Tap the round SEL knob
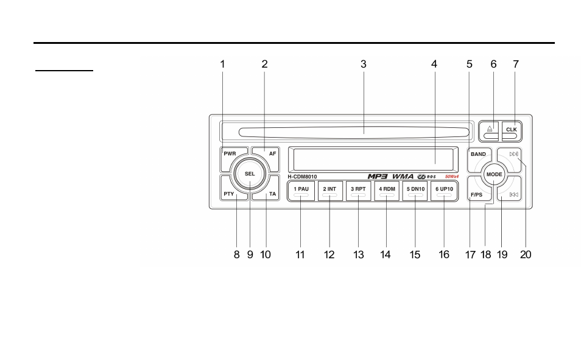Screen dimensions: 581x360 pyautogui.click(x=250, y=174)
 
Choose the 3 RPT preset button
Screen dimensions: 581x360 pyautogui.click(x=358, y=191)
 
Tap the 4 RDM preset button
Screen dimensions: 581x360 pyautogui.click(x=387, y=191)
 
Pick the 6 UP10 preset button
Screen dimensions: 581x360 pyautogui.click(x=444, y=191)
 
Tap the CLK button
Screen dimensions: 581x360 pyautogui.click(x=512, y=131)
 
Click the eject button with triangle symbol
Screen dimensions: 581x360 pyautogui.click(x=490, y=131)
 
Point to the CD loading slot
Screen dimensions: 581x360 pyautogui.click(x=354, y=132)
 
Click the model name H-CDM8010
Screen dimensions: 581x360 pyautogui.click(x=302, y=177)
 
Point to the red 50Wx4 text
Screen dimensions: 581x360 pyautogui.click(x=452, y=177)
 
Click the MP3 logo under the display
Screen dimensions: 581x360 pyautogui.click(x=378, y=177)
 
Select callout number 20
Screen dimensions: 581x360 pyautogui.click(x=526, y=255)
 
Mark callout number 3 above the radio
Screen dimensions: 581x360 pyautogui.click(x=364, y=64)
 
